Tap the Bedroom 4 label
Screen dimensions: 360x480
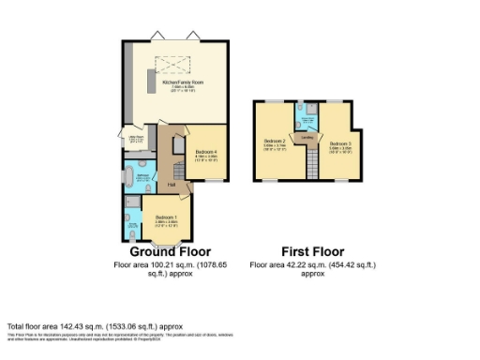206,152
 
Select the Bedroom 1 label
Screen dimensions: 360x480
165,220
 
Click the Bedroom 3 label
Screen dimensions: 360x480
338,145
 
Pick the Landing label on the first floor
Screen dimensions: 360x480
306,137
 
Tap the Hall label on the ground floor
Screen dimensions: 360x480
172,184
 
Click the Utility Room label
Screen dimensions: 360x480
135,141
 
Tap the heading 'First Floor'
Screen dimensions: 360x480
313,251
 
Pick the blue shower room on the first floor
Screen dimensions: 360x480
306,118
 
